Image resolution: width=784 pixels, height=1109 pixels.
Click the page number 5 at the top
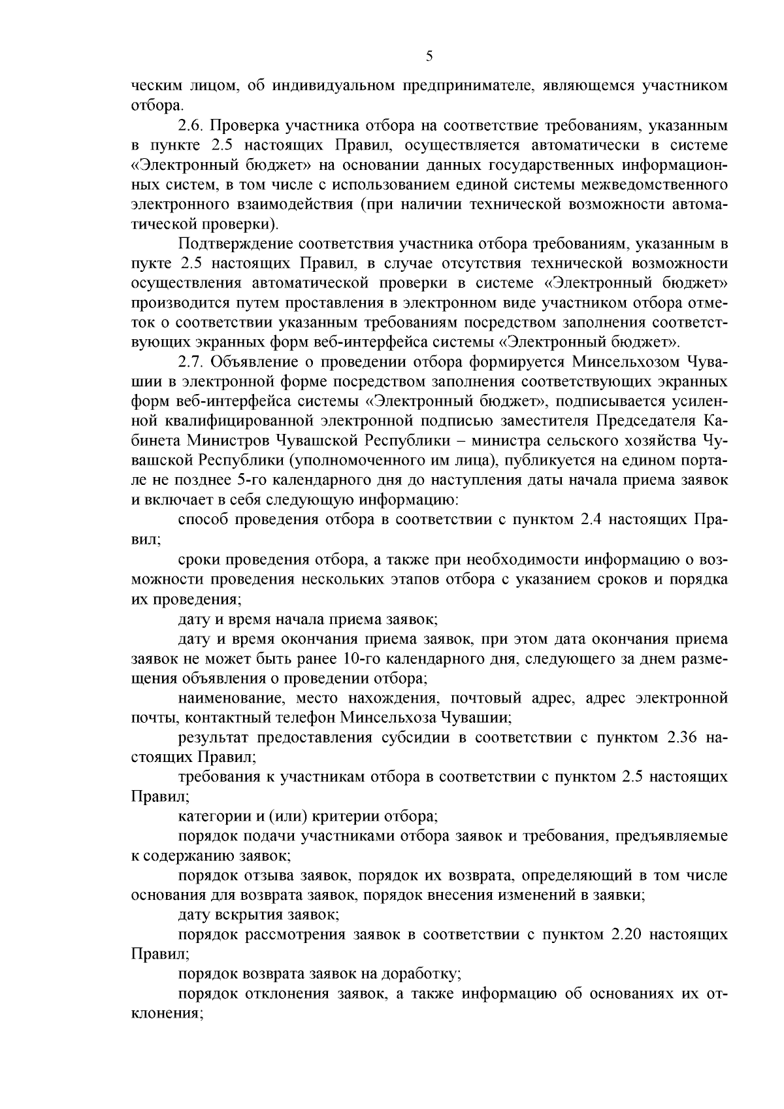[429, 57]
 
